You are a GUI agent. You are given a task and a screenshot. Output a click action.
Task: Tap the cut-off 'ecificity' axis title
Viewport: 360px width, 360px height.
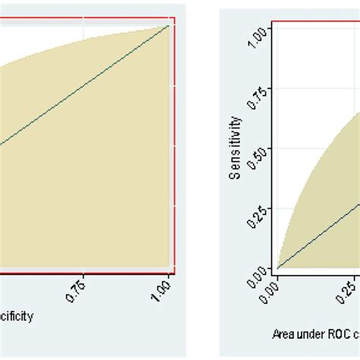pyautogui.click(x=17, y=317)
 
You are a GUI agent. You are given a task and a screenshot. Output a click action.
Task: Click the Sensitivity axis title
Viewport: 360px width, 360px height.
pyautogui.click(x=236, y=147)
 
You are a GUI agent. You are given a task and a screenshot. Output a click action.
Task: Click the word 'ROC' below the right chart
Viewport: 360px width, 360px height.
pyautogui.click(x=339, y=333)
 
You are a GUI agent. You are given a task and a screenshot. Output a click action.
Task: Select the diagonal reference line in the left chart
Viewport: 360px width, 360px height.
pyautogui.click(x=84, y=84)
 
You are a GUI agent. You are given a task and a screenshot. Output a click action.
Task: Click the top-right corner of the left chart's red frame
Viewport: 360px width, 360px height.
pyautogui.click(x=175, y=17)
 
